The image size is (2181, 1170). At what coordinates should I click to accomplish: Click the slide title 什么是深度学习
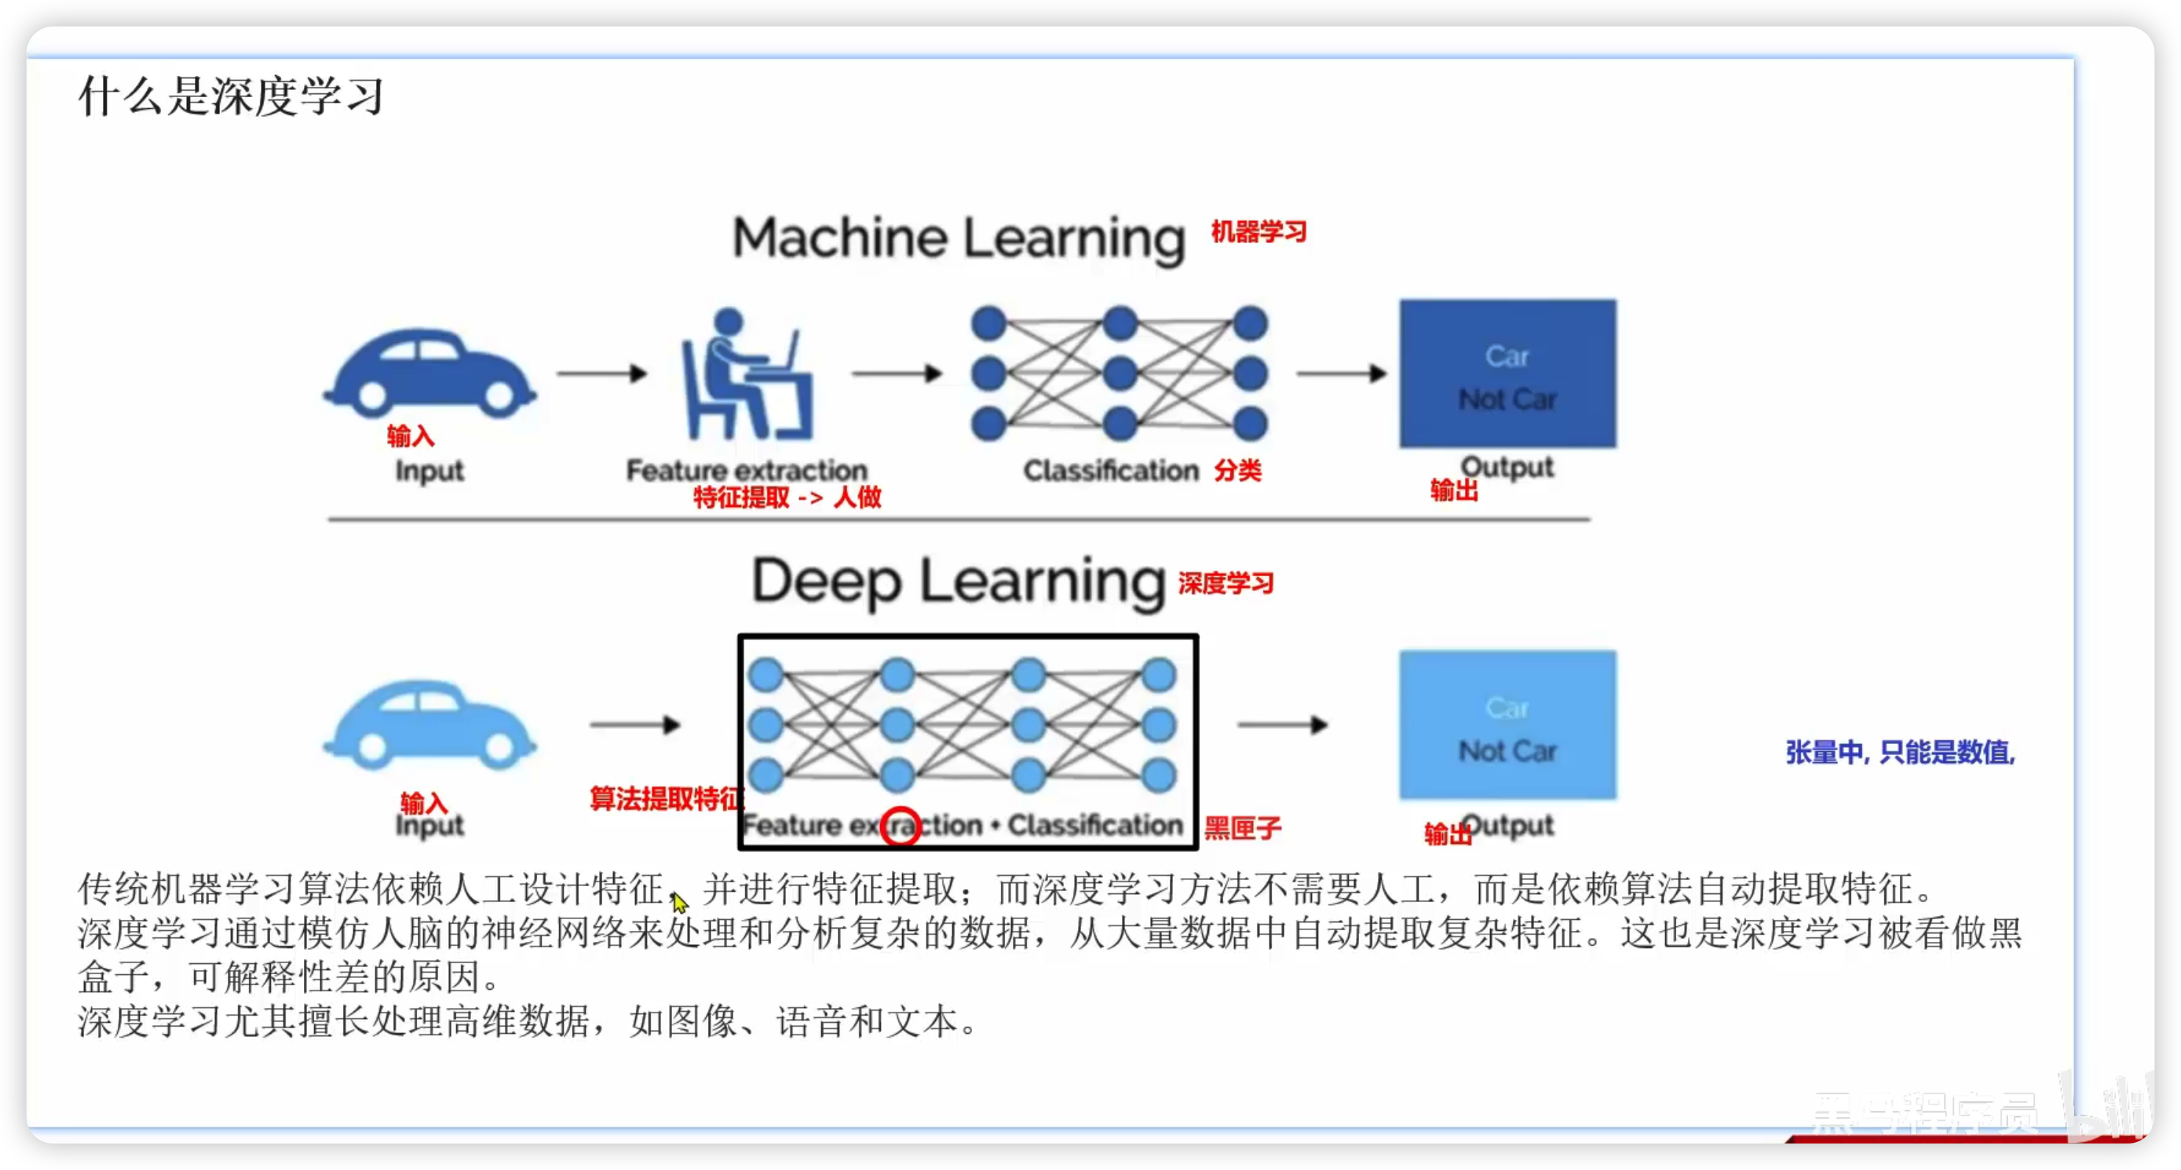click(231, 95)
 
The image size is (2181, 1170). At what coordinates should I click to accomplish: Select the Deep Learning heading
click(959, 583)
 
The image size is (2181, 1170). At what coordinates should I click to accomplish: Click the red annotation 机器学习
click(1258, 231)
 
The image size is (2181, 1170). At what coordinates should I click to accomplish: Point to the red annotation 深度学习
click(1225, 584)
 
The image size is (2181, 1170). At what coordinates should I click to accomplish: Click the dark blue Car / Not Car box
click(1507, 373)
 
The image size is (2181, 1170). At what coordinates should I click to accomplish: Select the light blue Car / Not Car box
click(1507, 725)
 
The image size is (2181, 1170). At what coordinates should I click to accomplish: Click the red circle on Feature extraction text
click(900, 826)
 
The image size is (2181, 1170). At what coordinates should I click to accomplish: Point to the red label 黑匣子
click(1242, 827)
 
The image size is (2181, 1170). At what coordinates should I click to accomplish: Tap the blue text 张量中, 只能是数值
click(1900, 752)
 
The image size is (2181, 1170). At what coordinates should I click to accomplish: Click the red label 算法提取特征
click(665, 798)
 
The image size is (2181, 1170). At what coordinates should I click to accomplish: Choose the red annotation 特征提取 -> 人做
click(787, 497)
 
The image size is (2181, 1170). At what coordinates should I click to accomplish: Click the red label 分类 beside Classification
click(1238, 471)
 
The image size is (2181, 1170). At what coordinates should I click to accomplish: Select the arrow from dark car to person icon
click(602, 373)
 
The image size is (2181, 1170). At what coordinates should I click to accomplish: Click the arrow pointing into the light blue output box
click(1283, 725)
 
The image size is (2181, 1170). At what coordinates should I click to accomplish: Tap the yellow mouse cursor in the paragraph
click(679, 902)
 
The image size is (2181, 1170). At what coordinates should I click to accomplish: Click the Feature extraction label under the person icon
click(747, 470)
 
